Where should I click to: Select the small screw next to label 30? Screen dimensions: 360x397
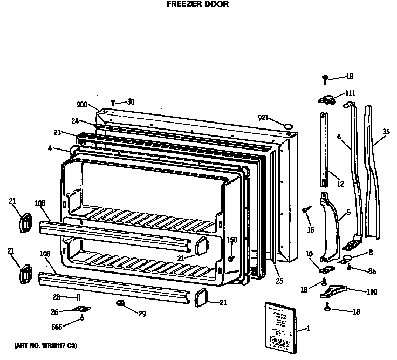tap(113, 102)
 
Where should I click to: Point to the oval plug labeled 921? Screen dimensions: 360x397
tap(289, 125)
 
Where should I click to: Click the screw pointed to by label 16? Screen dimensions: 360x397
tap(306, 208)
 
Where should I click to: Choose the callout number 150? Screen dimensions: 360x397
tap(232, 241)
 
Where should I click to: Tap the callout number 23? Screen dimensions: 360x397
tap(57, 132)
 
